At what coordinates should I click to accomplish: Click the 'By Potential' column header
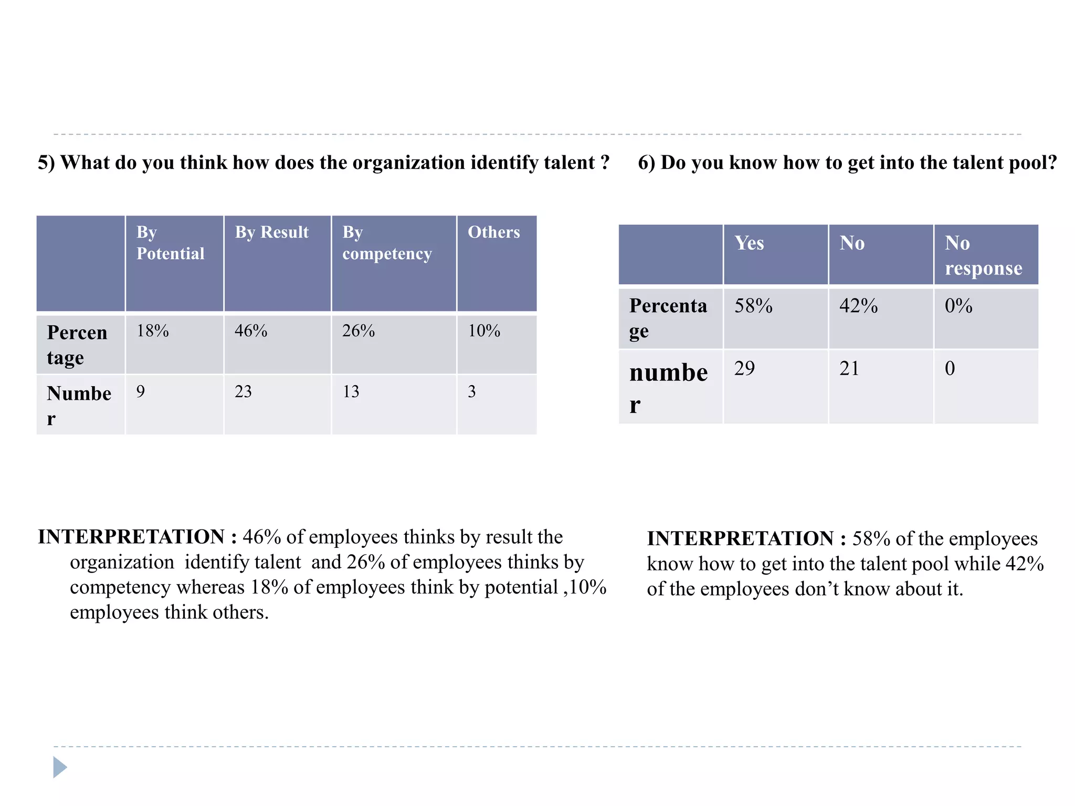tap(171, 243)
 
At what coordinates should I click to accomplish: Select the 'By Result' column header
tap(272, 232)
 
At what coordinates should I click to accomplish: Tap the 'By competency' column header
tap(387, 243)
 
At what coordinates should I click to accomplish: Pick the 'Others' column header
tap(493, 232)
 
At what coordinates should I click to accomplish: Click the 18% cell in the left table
tap(153, 331)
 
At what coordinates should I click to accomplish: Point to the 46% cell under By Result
tap(251, 331)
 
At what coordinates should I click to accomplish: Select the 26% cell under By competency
tap(359, 331)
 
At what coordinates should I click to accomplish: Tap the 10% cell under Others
tap(484, 331)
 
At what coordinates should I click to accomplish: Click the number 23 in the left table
tap(243, 391)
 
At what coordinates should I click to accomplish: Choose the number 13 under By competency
tap(351, 391)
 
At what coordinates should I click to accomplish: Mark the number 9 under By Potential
tap(141, 391)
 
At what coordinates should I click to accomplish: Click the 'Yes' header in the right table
tap(749, 243)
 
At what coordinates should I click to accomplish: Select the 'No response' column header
tap(983, 256)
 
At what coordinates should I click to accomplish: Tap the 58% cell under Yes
tap(753, 306)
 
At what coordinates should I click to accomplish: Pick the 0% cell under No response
tap(958, 306)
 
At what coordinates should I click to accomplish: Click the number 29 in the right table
tap(744, 368)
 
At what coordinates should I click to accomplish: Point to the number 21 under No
tap(849, 368)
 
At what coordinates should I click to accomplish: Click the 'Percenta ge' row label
tap(668, 318)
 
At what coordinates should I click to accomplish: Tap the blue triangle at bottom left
tap(60, 767)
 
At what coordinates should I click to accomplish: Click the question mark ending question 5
tap(605, 163)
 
